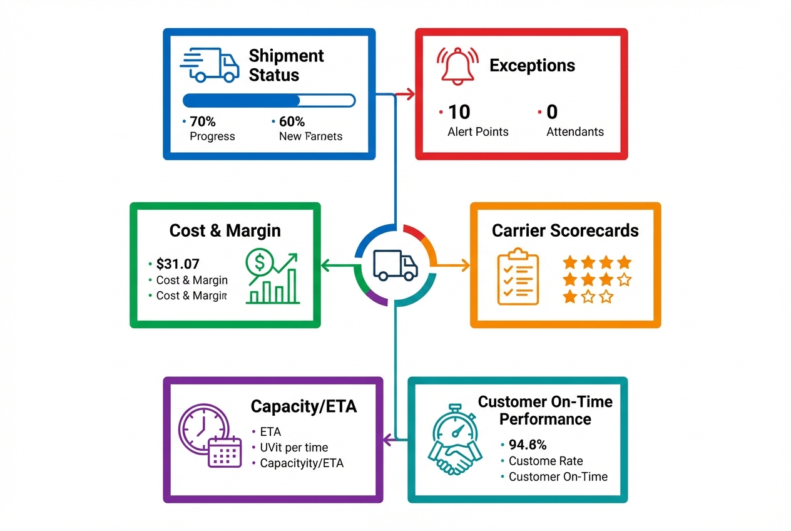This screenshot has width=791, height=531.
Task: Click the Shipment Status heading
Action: click(286, 65)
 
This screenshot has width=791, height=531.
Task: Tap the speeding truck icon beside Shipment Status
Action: click(210, 64)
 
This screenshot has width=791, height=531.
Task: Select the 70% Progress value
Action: click(203, 121)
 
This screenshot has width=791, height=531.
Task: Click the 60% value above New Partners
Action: click(292, 121)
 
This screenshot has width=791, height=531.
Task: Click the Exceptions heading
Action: click(532, 65)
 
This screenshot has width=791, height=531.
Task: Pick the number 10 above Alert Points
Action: click(459, 112)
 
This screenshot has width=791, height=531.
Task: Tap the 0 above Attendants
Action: click(551, 112)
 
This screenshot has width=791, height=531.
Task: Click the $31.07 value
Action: click(178, 264)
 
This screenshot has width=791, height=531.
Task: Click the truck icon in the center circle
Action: click(395, 265)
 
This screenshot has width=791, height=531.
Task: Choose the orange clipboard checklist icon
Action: click(518, 276)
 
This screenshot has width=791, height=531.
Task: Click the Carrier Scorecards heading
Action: click(565, 230)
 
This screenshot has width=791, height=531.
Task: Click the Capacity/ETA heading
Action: click(304, 406)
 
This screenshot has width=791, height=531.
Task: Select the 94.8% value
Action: click(528, 445)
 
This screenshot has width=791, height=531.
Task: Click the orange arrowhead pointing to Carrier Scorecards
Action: click(464, 265)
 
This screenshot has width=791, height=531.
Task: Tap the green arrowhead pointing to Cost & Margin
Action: click(325, 265)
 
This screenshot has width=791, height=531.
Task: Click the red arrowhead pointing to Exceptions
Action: click(410, 95)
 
